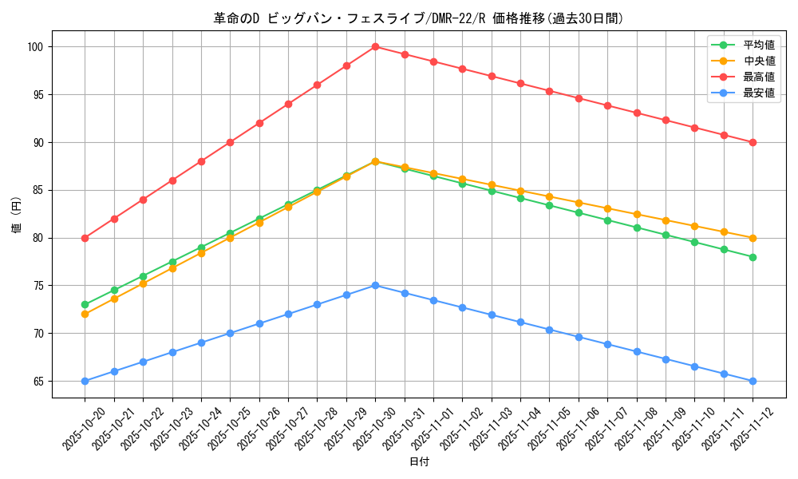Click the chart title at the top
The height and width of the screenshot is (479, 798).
tap(418, 18)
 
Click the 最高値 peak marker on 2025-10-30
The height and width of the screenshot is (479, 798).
tap(375, 46)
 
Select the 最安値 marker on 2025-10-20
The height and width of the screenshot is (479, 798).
tap(85, 381)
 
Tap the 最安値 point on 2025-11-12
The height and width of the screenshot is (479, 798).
tap(753, 381)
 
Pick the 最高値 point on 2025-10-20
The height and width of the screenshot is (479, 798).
tap(85, 238)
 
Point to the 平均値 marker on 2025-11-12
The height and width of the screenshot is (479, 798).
tap(753, 257)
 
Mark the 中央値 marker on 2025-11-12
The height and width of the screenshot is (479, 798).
tap(753, 238)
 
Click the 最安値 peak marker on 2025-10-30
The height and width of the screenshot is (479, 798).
tap(375, 285)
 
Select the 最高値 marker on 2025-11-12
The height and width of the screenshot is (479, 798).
tap(753, 142)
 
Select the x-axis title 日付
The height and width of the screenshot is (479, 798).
tap(419, 462)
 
